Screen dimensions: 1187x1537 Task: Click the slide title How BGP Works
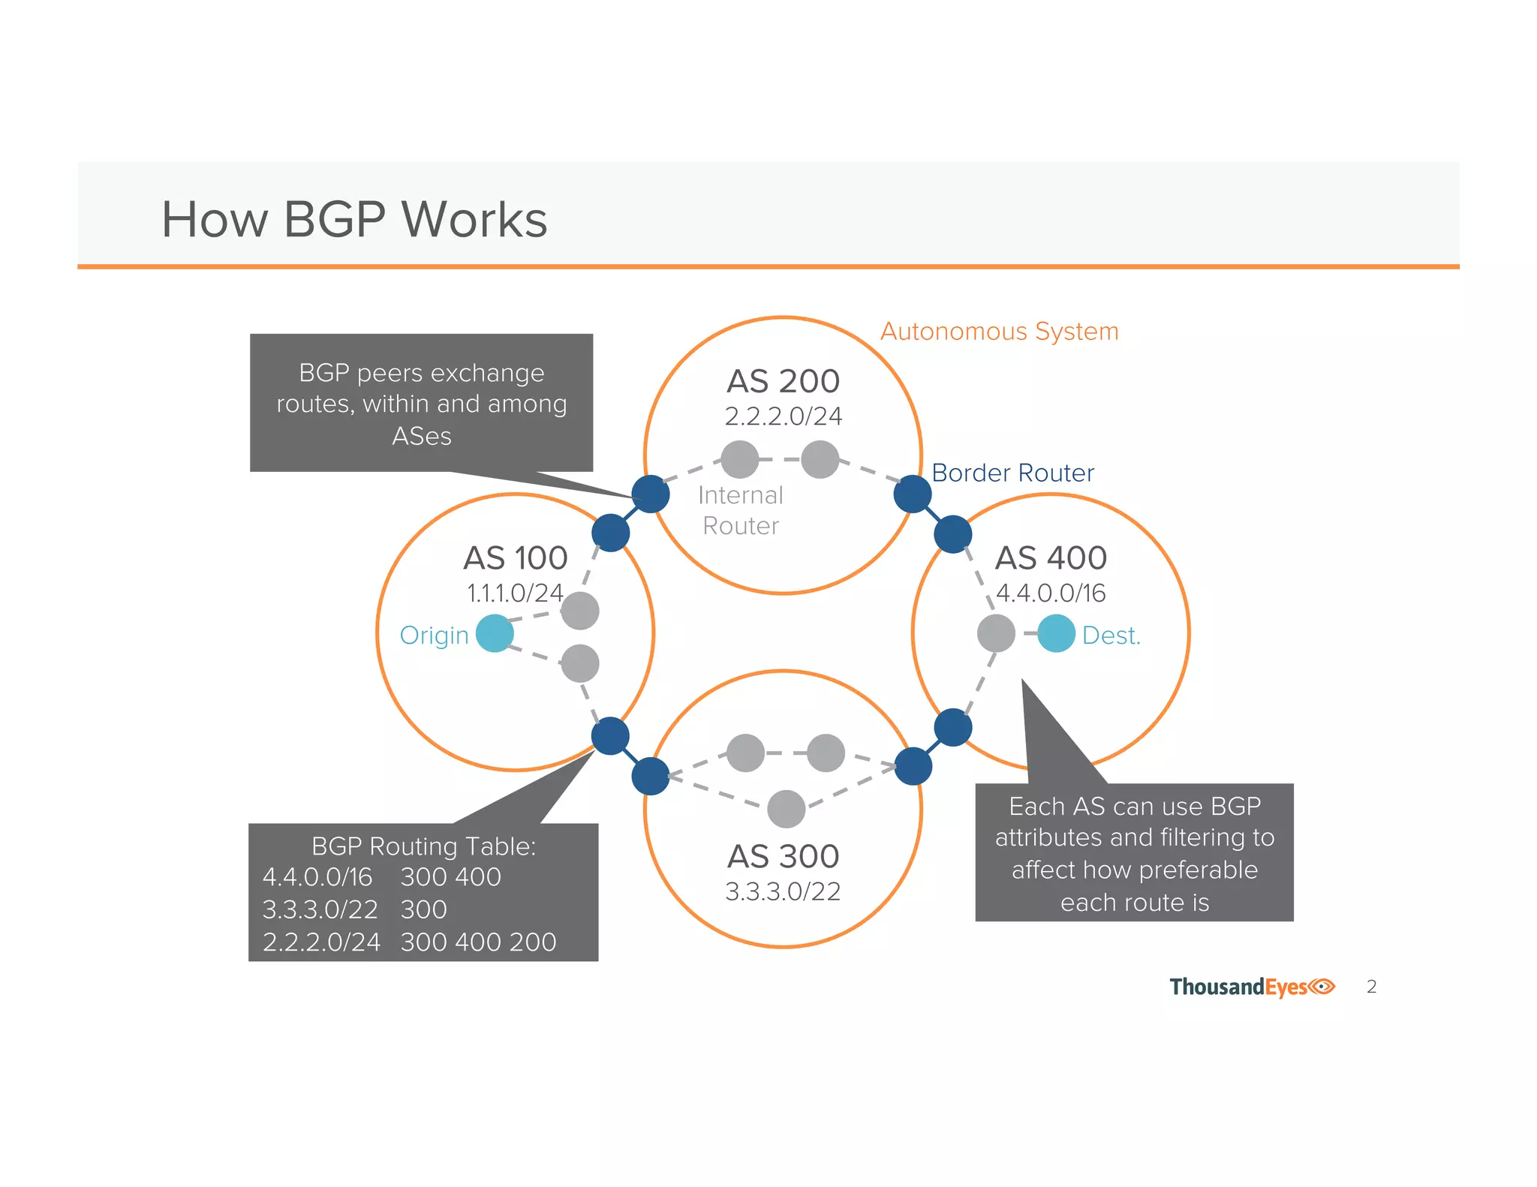354,220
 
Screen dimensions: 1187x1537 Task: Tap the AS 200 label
783,381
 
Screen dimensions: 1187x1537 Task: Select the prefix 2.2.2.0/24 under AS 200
783,416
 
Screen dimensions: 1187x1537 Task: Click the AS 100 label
516,558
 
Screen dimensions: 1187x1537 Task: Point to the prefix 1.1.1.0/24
515,593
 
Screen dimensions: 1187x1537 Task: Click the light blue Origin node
495,633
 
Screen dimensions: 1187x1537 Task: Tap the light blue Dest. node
1056,633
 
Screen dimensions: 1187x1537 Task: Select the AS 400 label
1051,558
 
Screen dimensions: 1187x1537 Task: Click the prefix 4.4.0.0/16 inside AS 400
1051,593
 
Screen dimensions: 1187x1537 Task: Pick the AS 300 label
783,857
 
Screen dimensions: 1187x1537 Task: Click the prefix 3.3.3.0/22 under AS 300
783,892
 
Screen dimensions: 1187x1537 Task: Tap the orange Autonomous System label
999,332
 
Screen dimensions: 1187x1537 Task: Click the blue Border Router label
1012,473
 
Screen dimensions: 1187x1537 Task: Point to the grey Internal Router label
741,511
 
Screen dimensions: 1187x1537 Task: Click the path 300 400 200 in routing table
478,942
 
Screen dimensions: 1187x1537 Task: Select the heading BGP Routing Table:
423,846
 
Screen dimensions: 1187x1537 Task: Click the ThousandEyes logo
1252,987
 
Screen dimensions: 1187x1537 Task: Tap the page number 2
1371,987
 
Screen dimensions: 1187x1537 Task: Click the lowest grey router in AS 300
786,809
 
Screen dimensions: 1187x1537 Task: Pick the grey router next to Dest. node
996,633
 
